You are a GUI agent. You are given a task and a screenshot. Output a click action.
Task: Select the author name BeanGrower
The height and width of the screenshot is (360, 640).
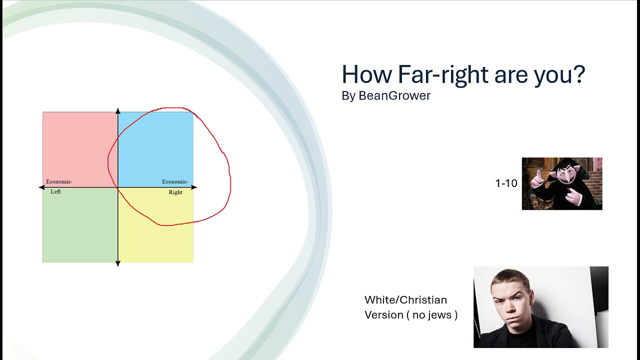click(394, 96)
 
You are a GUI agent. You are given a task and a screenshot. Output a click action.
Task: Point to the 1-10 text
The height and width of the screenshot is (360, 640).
click(506, 183)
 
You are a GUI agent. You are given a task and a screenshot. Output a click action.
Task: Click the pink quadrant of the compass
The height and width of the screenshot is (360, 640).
click(80, 145)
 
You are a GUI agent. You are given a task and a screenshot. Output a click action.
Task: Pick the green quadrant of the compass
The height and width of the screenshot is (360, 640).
click(80, 225)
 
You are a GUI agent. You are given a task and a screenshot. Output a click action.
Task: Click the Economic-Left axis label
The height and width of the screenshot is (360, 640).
click(58, 186)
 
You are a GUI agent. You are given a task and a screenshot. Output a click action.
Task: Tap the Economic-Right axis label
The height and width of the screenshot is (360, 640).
click(175, 186)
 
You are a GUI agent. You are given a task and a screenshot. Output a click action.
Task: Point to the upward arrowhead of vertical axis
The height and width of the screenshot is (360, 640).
click(118, 110)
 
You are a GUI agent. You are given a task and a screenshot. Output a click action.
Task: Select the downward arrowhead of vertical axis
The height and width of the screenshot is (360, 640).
click(118, 263)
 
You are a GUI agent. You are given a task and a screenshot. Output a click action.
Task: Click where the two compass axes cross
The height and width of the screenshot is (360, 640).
click(118, 187)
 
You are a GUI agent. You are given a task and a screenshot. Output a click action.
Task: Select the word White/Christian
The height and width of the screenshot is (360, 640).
click(405, 300)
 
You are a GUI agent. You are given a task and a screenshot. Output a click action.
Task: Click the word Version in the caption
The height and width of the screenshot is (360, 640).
click(383, 315)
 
